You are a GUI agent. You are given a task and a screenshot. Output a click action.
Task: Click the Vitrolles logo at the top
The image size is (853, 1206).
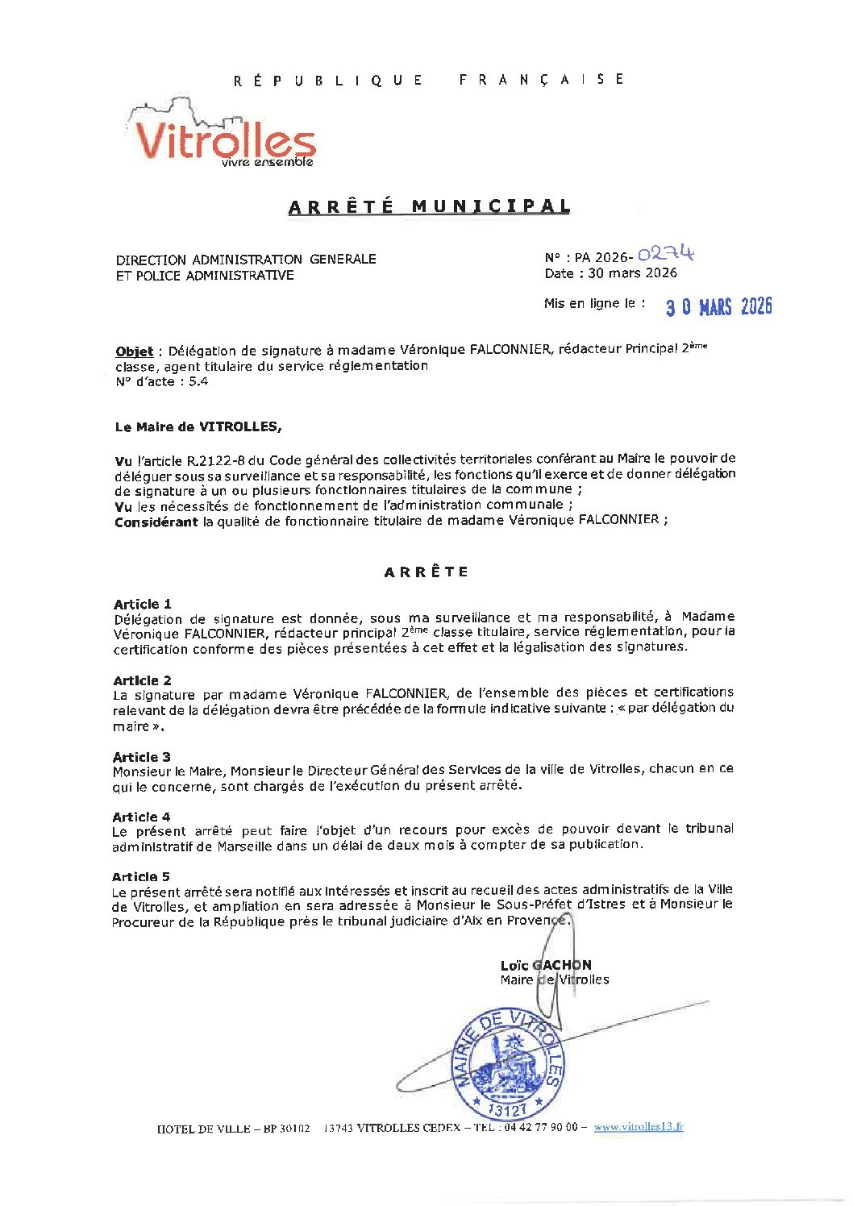point(222,137)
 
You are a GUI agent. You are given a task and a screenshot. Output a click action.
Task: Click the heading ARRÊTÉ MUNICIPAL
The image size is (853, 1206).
point(429,206)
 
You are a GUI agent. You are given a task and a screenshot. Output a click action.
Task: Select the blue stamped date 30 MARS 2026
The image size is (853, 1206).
point(718,306)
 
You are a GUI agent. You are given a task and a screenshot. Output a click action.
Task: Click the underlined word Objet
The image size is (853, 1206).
point(134,351)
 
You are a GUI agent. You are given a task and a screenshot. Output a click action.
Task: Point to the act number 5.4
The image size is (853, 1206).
point(198,381)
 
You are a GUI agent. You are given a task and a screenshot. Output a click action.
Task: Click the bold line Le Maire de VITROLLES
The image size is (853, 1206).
point(198,426)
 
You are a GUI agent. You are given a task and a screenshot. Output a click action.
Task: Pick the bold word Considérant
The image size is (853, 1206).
point(156,522)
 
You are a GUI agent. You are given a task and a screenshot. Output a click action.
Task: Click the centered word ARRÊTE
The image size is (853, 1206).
point(426,572)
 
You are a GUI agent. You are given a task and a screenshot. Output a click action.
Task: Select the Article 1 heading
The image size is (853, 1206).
point(142,604)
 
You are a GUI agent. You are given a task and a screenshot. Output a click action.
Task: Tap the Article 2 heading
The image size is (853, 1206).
point(142,680)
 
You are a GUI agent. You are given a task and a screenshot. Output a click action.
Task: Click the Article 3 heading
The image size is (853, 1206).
point(142,757)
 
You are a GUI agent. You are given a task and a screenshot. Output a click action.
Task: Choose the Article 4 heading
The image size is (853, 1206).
point(142,817)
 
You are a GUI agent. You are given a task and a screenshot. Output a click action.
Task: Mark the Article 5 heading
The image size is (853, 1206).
point(141,876)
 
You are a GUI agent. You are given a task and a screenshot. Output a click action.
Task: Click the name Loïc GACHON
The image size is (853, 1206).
point(546,965)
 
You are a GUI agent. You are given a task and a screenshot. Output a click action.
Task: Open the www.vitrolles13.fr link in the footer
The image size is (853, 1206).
point(639,1127)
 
